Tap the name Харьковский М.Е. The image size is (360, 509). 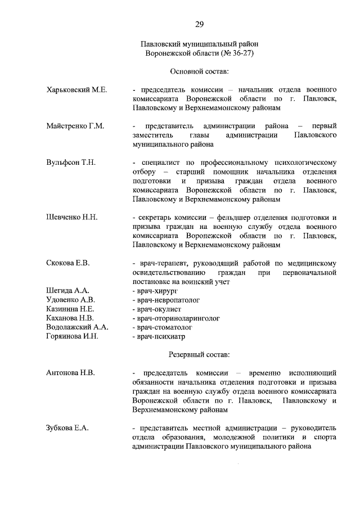(76, 90)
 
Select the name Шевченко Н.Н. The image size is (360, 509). (71, 217)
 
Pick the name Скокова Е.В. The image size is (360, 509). (68, 263)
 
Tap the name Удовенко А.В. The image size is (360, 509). (71, 300)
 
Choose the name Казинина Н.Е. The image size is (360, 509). (70, 309)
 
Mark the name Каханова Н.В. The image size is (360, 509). (70, 318)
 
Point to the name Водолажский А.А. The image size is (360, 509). (77, 327)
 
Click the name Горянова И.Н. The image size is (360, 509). (72, 336)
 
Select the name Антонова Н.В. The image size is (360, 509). (70, 373)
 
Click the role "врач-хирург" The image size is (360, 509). (155, 290)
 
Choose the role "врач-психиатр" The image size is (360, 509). (159, 336)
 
